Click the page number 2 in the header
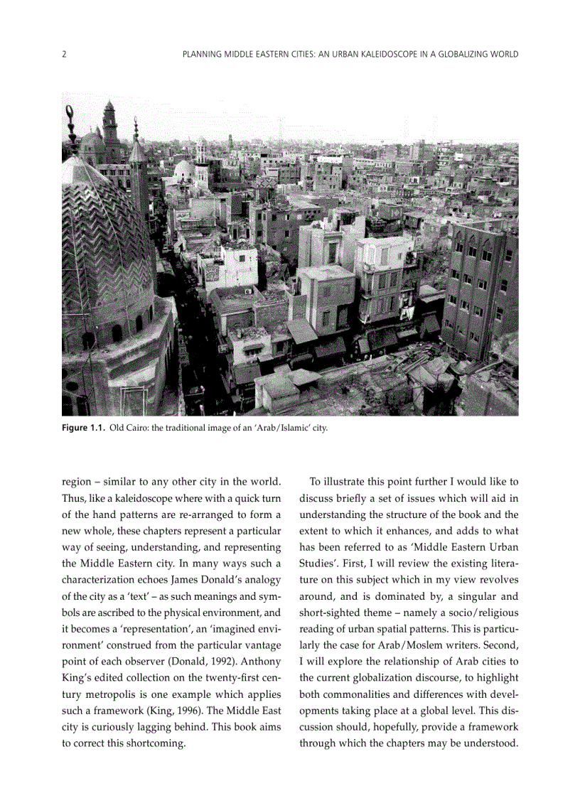pos(64,54)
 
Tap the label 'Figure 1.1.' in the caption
pos(83,428)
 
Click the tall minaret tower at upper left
pos(111,128)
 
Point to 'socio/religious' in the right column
pos(484,612)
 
